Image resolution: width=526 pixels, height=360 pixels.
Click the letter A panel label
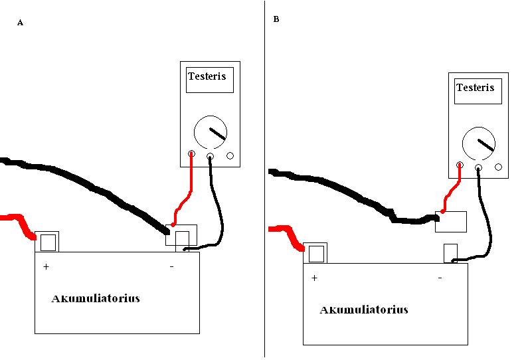point(20,23)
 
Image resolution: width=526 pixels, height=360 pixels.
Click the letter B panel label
point(276,19)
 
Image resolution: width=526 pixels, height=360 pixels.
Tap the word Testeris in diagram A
point(207,76)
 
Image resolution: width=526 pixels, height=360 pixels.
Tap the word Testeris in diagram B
point(475,87)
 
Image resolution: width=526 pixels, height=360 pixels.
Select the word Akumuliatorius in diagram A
point(96,298)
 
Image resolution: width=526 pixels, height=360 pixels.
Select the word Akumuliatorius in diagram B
point(364,310)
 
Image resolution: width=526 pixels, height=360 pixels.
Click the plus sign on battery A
point(46,266)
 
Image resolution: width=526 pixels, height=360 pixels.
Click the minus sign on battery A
point(171,266)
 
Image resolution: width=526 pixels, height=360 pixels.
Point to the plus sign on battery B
point(314,278)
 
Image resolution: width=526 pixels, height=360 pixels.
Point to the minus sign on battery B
point(440,278)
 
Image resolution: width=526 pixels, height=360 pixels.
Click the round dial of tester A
point(211,133)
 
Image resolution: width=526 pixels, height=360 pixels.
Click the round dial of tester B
point(479,144)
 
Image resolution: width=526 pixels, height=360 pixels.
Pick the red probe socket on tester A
point(192,156)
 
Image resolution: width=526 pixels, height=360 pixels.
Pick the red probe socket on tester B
point(460,167)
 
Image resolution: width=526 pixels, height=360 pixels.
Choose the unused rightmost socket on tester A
point(230,156)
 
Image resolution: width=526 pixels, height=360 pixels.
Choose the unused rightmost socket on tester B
point(498,167)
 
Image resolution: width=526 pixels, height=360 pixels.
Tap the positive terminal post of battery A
point(48,242)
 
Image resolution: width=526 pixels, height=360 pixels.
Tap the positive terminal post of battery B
point(316,253)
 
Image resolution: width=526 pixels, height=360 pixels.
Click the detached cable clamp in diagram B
point(451,222)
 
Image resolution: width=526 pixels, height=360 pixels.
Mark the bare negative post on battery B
point(450,253)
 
